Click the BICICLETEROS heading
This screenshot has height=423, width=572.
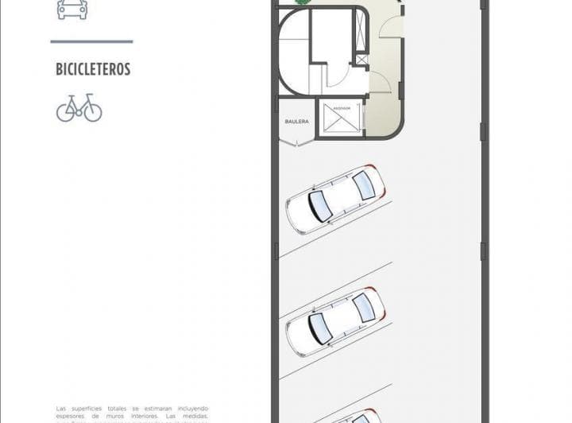[x=93, y=69]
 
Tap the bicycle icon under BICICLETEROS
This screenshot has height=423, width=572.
[x=79, y=108]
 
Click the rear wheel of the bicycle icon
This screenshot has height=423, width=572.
[x=66, y=112]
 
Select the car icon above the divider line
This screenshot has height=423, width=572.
[x=72, y=9]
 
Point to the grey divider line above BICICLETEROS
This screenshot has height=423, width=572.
[x=91, y=41]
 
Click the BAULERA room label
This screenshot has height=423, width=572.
[x=296, y=122]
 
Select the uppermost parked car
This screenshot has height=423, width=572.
[x=335, y=199]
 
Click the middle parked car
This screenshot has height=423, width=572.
[x=335, y=320]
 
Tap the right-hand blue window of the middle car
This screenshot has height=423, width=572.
[x=363, y=308]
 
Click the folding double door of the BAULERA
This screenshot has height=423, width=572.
[x=295, y=142]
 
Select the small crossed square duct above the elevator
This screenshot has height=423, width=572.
[x=362, y=59]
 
